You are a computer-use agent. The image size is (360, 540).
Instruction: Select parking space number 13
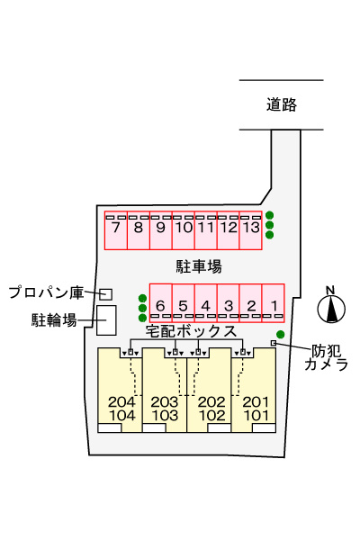tap(250, 229)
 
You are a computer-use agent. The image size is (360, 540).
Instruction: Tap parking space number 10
tap(183, 229)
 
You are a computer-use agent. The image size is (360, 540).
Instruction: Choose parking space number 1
tap(274, 303)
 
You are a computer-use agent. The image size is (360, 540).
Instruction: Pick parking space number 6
tap(160, 303)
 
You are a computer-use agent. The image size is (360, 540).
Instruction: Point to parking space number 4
tap(205, 303)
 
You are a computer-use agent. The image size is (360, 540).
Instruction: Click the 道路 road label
tap(281, 105)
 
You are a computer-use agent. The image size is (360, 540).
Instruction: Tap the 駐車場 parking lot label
tap(198, 265)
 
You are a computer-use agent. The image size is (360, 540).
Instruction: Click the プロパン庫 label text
tap(46, 292)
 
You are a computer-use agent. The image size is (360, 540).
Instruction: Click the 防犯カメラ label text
tap(326, 357)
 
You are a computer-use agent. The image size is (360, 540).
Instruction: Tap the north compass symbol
tap(333, 308)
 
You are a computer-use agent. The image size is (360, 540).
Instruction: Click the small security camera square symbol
tap(274, 344)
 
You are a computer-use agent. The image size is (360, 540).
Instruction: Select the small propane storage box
tap(106, 294)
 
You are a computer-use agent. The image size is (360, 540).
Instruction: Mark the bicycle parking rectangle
tap(106, 319)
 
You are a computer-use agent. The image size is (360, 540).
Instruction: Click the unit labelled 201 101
tap(256, 408)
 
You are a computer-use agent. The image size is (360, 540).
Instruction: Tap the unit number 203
tap(165, 401)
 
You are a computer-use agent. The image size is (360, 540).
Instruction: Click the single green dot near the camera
tap(281, 335)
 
